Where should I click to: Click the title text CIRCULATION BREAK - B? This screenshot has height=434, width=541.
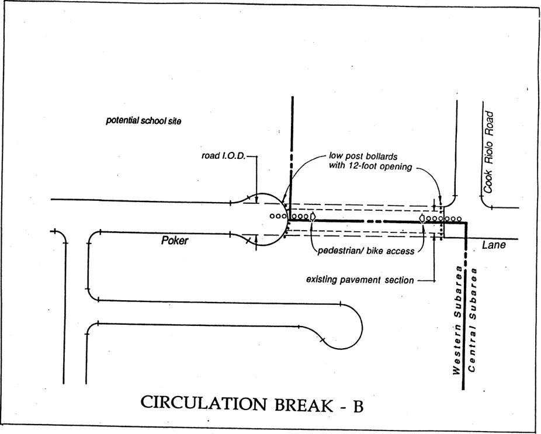(252, 404)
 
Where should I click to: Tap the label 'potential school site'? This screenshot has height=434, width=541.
(144, 121)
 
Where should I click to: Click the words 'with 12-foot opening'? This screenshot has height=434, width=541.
(370, 166)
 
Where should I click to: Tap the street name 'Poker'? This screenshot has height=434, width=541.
(175, 241)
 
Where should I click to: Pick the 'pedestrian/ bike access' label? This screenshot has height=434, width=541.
(366, 251)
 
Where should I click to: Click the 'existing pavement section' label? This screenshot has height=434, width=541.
(360, 280)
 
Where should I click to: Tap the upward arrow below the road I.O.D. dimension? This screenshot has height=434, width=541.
(256, 241)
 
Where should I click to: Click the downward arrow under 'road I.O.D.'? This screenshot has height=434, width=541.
(256, 194)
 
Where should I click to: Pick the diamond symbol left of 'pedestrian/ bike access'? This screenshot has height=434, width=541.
(314, 217)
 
